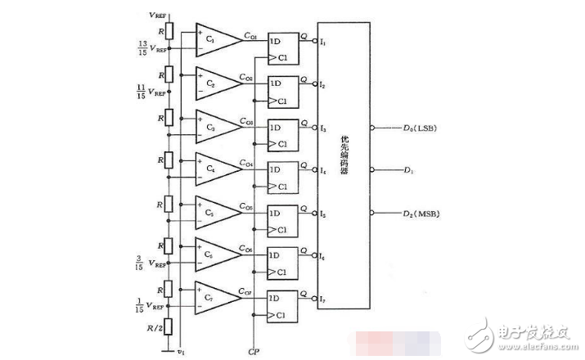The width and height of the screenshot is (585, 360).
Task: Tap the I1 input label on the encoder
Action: (x=323, y=43)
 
